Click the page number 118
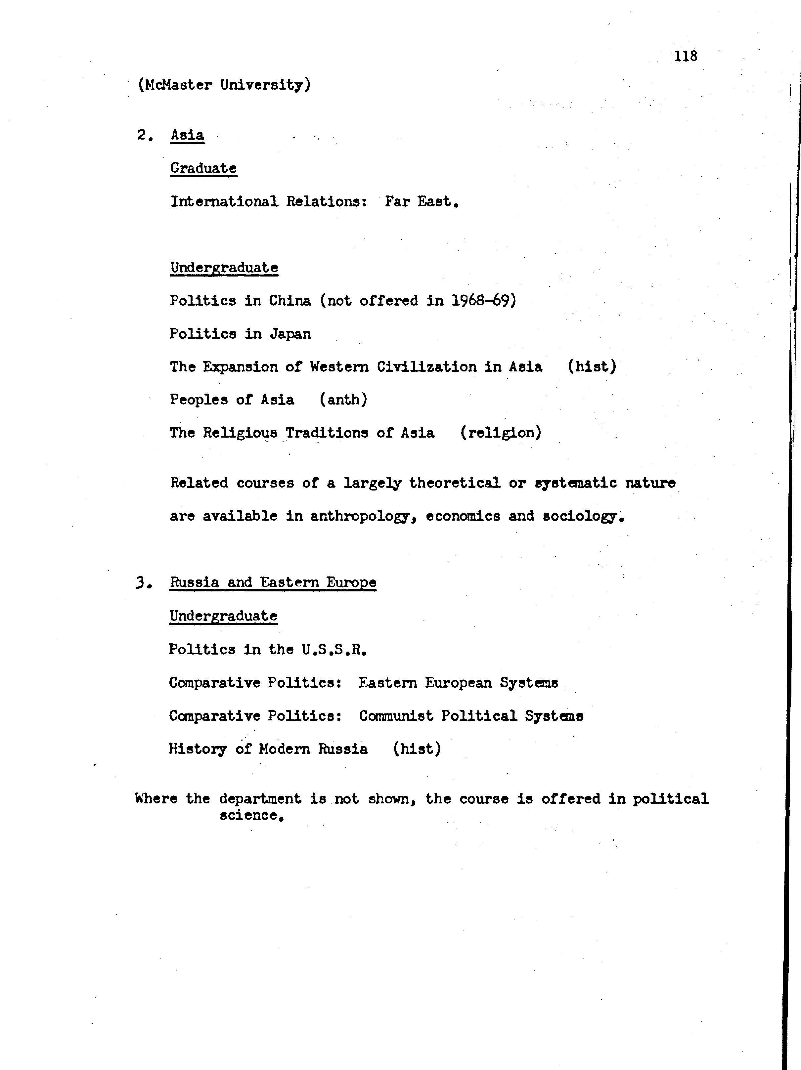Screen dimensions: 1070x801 click(x=685, y=56)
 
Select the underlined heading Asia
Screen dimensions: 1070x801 click(x=187, y=135)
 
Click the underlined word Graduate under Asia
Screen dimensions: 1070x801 click(x=203, y=168)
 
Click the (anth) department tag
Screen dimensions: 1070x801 click(x=343, y=400)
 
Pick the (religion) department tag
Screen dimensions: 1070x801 click(x=501, y=432)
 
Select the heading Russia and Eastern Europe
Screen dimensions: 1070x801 click(x=273, y=582)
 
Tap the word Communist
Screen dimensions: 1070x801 click(x=396, y=716)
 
